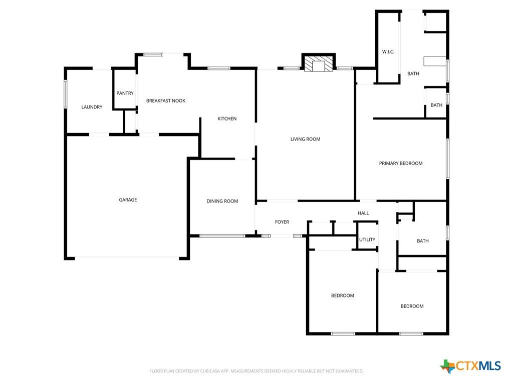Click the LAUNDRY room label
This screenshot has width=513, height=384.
(92, 107)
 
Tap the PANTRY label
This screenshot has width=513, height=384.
(125, 93)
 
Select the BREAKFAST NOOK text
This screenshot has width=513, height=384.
(165, 101)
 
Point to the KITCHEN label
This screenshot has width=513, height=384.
(227, 119)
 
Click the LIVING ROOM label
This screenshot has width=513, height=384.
(305, 139)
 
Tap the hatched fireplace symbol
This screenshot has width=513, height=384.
(318, 63)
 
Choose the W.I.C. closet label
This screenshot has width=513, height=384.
(388, 52)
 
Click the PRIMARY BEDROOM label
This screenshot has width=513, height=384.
(401, 163)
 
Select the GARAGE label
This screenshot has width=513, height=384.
(128, 200)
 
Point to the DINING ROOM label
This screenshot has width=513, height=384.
(222, 201)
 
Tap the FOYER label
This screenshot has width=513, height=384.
(282, 222)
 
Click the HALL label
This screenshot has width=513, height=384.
(363, 213)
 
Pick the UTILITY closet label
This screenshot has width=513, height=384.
(367, 239)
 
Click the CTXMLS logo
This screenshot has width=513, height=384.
(471, 366)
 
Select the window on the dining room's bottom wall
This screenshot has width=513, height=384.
(222, 236)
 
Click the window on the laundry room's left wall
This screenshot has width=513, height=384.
(66, 94)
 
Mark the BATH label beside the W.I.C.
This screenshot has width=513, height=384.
(413, 74)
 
